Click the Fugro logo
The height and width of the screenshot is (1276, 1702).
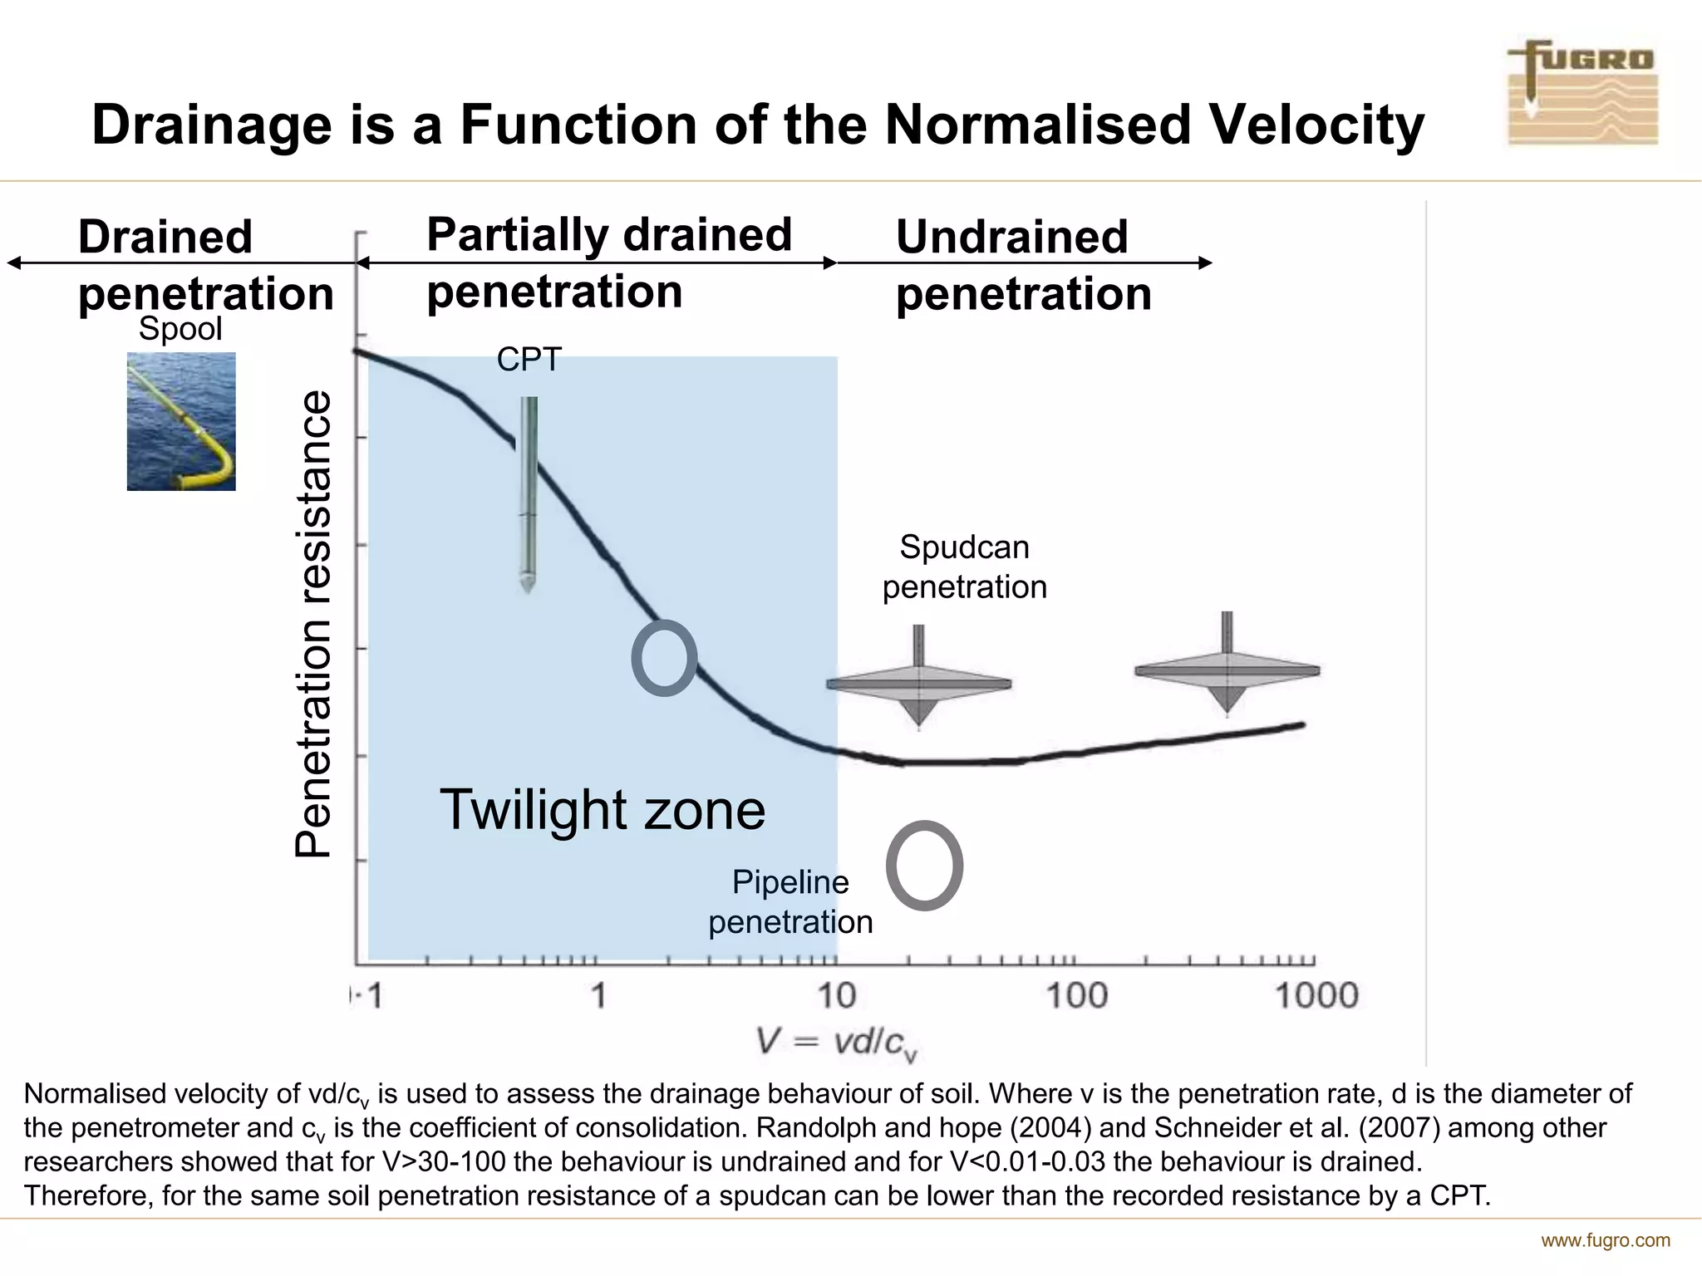pyautogui.click(x=1582, y=94)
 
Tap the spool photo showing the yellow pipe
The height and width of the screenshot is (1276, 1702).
pyautogui.click(x=181, y=421)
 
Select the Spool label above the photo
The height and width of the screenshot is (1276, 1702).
pyautogui.click(x=180, y=329)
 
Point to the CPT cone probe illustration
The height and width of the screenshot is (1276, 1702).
pyautogui.click(x=528, y=493)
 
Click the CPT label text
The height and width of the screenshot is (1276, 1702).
pyautogui.click(x=529, y=360)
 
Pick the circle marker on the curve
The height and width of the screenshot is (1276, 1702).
pyautogui.click(x=664, y=658)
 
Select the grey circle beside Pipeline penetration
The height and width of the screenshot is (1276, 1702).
pyautogui.click(x=924, y=866)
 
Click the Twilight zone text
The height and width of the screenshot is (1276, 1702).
pyautogui.click(x=602, y=810)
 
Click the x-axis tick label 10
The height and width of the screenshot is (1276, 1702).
pyautogui.click(x=836, y=995)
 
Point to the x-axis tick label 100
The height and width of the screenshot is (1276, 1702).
pyautogui.click(x=1076, y=995)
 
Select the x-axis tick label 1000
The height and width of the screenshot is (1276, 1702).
pyautogui.click(x=1316, y=995)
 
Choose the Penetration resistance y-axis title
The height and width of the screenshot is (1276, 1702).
pyautogui.click(x=314, y=623)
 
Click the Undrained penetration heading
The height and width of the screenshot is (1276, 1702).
pyautogui.click(x=1022, y=265)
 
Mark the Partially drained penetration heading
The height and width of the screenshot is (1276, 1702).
pyautogui.click(x=608, y=263)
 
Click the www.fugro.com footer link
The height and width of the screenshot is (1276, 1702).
pyautogui.click(x=1605, y=1241)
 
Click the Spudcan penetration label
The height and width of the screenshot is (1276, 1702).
pyautogui.click(x=964, y=567)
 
